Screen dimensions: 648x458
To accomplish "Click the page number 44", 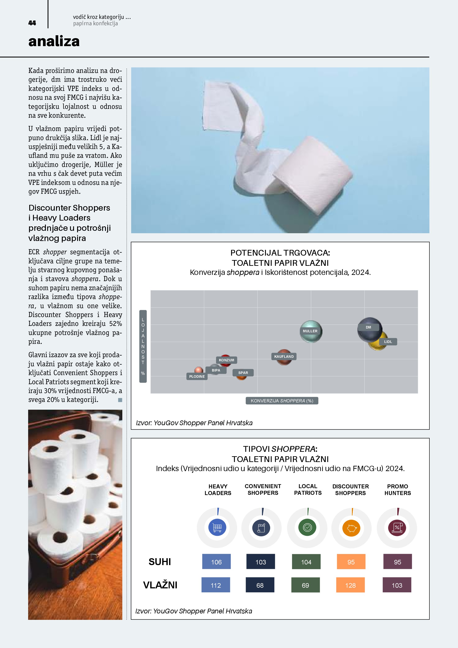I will (32, 23).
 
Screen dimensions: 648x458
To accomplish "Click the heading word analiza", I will (54, 41).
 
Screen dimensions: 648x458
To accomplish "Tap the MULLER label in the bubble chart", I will (310, 331).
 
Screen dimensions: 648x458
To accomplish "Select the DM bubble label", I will (368, 327).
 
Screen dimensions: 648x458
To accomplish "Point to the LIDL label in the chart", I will (388, 342).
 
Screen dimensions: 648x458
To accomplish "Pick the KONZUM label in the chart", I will (226, 360).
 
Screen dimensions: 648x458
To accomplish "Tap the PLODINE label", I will (197, 376).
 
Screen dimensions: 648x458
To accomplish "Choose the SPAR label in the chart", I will (243, 373).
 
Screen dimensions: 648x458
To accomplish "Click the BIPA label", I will (216, 370).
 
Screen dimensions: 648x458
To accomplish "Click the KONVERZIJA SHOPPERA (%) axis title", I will (282, 401).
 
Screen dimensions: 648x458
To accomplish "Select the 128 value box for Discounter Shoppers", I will (350, 585).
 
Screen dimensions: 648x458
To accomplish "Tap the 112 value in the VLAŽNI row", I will (216, 585).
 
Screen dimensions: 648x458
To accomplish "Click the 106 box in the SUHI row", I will (216, 562).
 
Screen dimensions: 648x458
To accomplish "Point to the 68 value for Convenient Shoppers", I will (260, 585).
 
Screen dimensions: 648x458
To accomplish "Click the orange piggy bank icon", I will (351, 527).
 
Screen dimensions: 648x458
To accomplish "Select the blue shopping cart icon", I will (217, 527).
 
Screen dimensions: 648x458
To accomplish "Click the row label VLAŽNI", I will (160, 585).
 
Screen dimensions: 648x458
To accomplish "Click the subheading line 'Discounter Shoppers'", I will (69, 208).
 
